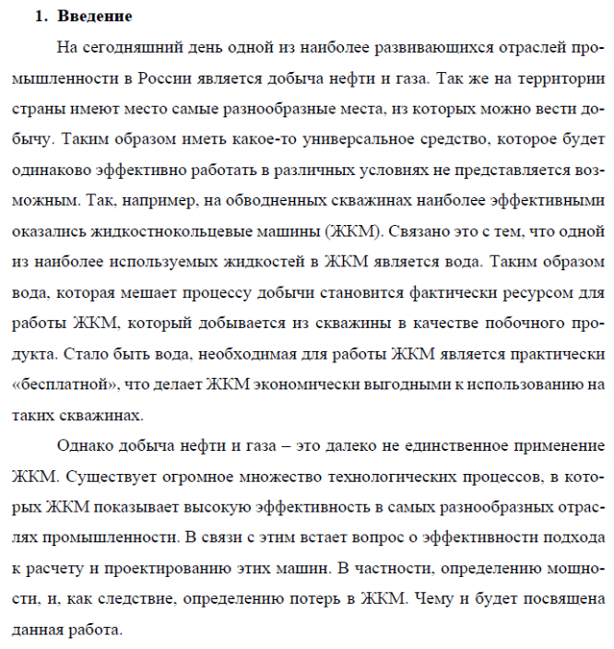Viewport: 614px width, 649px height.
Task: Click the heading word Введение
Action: (x=94, y=17)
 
